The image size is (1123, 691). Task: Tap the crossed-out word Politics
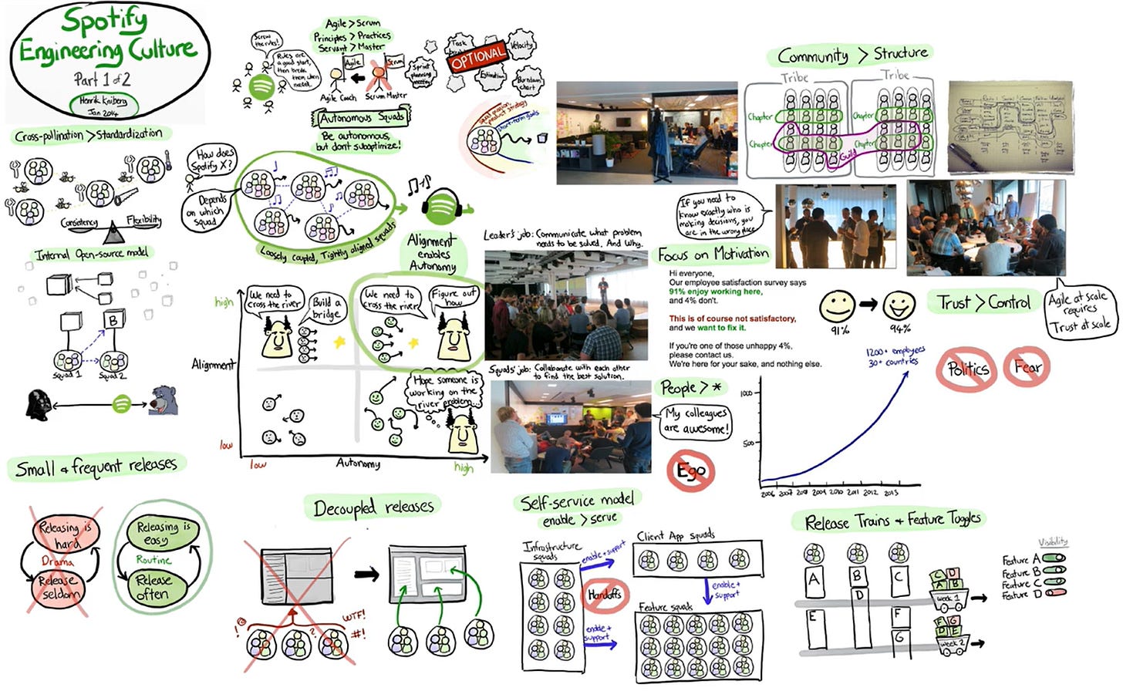[x=967, y=369]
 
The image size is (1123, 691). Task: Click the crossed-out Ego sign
[x=691, y=470]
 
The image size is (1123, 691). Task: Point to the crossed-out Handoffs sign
[x=605, y=595]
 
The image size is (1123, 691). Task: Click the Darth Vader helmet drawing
[x=39, y=404]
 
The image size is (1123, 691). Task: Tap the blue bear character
[x=164, y=402]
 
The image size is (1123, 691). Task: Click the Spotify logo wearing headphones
[x=442, y=207]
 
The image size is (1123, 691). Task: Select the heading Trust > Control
[x=983, y=302]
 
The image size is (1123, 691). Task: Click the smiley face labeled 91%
[x=838, y=306]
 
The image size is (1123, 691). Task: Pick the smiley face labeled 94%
[x=899, y=306]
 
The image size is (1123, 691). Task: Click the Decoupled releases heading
[x=373, y=507]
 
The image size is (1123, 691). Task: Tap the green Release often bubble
[x=153, y=587]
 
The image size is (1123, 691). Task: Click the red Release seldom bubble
[x=59, y=588]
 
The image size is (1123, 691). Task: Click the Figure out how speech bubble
[x=454, y=297]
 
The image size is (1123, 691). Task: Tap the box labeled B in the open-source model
[x=113, y=319]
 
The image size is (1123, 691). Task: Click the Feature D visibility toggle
[x=1054, y=593]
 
